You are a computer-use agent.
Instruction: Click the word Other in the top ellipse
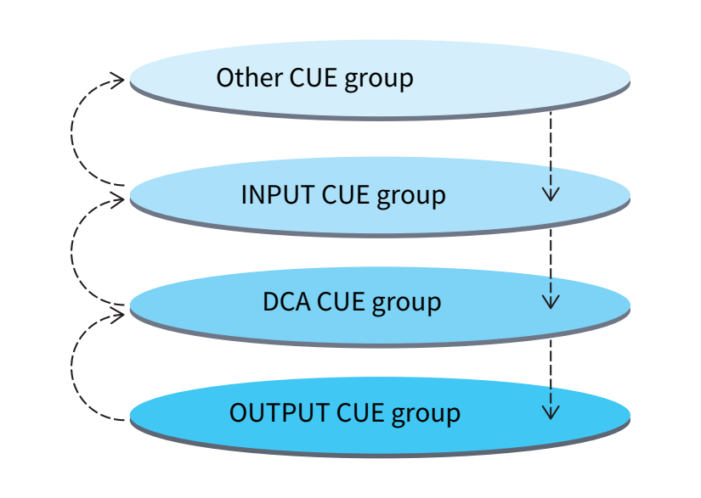pos(250,78)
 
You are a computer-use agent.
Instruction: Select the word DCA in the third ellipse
pos(286,302)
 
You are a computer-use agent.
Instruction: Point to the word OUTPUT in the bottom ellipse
pos(280,414)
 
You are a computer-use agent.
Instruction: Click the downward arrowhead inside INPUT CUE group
pos(551,194)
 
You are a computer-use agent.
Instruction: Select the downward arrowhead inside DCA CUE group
pos(551,302)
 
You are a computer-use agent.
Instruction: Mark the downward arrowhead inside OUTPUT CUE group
pos(551,413)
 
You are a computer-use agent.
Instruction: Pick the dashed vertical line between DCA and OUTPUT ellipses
pos(551,361)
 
